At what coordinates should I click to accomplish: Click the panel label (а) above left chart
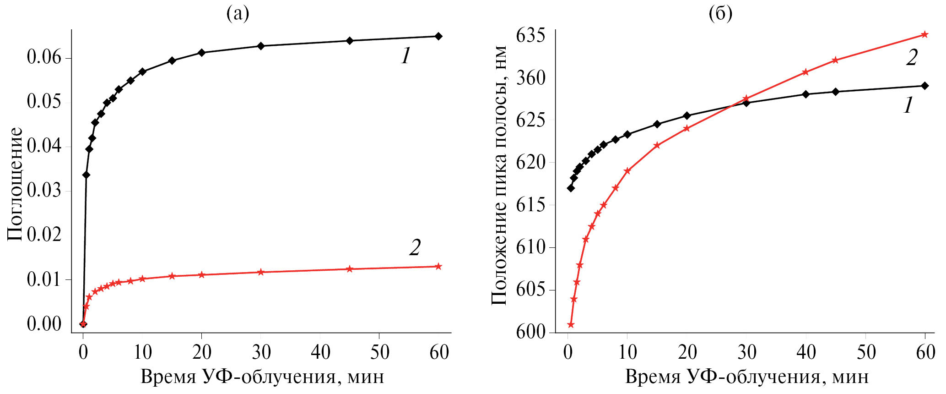238,14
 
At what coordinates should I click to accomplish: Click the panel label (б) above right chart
720,14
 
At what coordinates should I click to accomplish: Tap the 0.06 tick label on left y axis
44,58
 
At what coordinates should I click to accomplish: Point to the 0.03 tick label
44,191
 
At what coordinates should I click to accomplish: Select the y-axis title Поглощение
15,184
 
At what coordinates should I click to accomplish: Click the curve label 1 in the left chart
405,57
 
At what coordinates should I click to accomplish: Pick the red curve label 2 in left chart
415,248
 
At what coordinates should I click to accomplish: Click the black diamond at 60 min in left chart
438,36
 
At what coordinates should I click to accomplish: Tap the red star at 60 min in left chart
438,266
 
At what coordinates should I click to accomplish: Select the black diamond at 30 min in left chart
261,46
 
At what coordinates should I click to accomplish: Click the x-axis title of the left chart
262,377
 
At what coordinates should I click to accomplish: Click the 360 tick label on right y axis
531,78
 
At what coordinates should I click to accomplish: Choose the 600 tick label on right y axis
531,332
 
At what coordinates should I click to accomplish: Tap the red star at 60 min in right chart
924,34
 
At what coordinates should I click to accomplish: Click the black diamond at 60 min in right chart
924,86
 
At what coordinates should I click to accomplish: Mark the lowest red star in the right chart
571,325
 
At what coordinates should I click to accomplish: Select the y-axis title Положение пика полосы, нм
499,175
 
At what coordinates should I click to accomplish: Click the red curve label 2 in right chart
912,58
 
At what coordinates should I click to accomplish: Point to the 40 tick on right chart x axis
806,352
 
